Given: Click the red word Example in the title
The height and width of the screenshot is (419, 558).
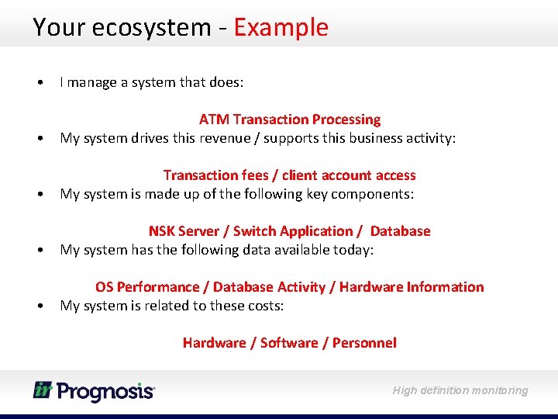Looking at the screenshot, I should point(281,28).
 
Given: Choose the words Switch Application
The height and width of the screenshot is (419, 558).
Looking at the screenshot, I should point(293,231).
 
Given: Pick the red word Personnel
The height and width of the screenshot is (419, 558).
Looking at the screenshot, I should point(364,343).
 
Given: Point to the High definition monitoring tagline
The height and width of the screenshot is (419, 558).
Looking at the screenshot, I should point(460,390).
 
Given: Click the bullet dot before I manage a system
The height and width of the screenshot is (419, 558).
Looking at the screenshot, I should point(39,82).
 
